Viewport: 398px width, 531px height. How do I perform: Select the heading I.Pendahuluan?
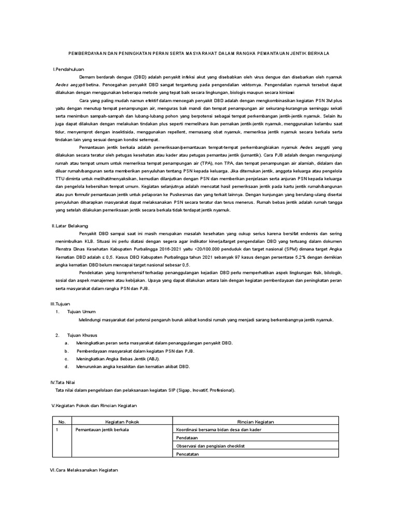point(68,69)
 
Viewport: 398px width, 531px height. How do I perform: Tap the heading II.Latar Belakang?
point(70,226)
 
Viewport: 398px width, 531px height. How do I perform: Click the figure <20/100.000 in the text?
point(208,249)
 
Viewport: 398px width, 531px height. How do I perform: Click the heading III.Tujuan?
point(60,303)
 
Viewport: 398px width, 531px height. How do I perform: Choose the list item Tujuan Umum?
point(82,312)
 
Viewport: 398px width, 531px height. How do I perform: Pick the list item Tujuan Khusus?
point(82,335)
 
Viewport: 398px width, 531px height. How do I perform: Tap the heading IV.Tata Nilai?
point(63,382)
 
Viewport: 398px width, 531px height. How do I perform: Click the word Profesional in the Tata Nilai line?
point(220,389)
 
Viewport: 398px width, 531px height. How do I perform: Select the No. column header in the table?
point(62,422)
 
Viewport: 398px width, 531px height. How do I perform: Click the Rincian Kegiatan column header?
point(255,422)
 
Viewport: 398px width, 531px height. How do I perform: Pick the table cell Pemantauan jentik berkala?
point(102,430)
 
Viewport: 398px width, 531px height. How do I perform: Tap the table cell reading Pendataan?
point(187,438)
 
